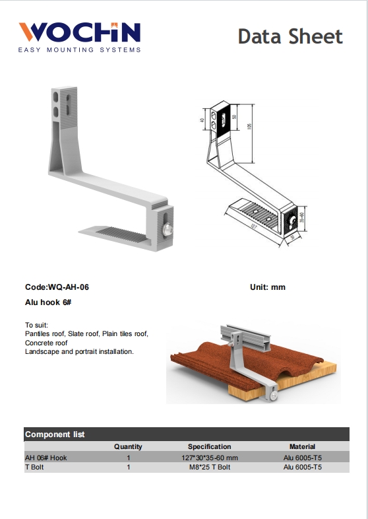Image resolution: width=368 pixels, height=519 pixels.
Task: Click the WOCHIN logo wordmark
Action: coord(79,33)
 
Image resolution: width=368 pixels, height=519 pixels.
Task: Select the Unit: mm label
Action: coord(267,287)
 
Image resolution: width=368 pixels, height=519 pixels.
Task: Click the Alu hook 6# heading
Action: coord(48,302)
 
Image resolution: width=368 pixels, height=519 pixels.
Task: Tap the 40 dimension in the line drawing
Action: coord(202,121)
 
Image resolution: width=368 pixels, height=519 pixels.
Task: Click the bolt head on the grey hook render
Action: coord(169,229)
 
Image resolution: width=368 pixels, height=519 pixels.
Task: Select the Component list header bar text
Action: coord(55,434)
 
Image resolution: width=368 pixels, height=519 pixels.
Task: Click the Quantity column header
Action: coord(128,447)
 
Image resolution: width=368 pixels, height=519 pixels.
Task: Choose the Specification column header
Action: coord(209,447)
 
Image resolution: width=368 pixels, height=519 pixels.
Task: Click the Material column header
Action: coord(302,447)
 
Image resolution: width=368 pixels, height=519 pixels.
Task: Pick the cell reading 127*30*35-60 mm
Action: coord(209,457)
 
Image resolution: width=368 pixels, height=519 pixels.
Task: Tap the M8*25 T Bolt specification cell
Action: coord(209,467)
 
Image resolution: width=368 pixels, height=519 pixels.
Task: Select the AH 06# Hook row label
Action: coord(46,457)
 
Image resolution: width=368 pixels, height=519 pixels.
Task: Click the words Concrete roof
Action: coord(46,343)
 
